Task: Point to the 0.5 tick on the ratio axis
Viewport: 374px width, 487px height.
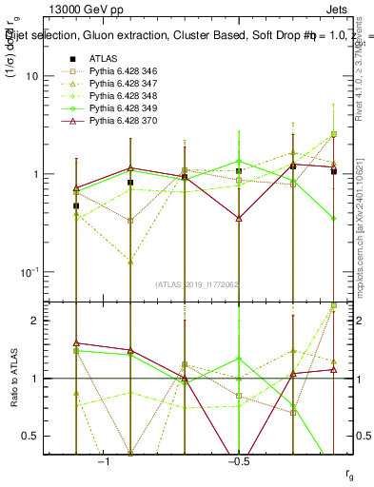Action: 46,436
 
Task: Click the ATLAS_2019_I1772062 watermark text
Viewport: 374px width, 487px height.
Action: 197,283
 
